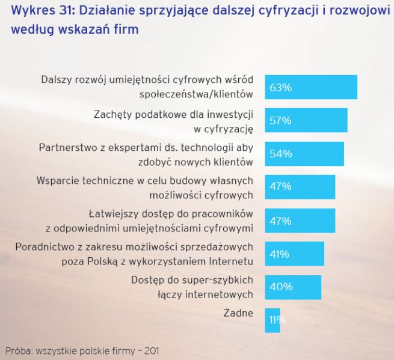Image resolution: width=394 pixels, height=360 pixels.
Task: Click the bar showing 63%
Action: click(311, 87)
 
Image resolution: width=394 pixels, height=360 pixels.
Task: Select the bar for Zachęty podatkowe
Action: click(306, 120)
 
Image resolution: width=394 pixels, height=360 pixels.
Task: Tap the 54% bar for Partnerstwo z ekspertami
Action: click(304, 154)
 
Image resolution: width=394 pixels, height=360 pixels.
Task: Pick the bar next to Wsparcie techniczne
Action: click(300, 187)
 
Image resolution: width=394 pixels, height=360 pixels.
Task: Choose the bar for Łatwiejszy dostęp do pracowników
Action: click(300, 221)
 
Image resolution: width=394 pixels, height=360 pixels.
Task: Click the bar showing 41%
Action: click(294, 254)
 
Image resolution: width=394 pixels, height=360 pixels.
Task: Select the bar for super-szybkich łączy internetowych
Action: click(293, 287)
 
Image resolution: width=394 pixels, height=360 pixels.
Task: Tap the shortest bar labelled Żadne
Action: click(272, 320)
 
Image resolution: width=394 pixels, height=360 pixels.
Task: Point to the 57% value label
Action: click(280, 121)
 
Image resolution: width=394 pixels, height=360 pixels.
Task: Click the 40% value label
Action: click(280, 287)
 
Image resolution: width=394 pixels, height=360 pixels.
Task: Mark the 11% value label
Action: click(277, 320)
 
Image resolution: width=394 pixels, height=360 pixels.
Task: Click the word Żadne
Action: click(238, 313)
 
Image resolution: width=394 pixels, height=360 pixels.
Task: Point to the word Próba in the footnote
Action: click(19, 349)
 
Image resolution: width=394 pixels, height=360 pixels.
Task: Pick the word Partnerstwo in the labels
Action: click(67, 147)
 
